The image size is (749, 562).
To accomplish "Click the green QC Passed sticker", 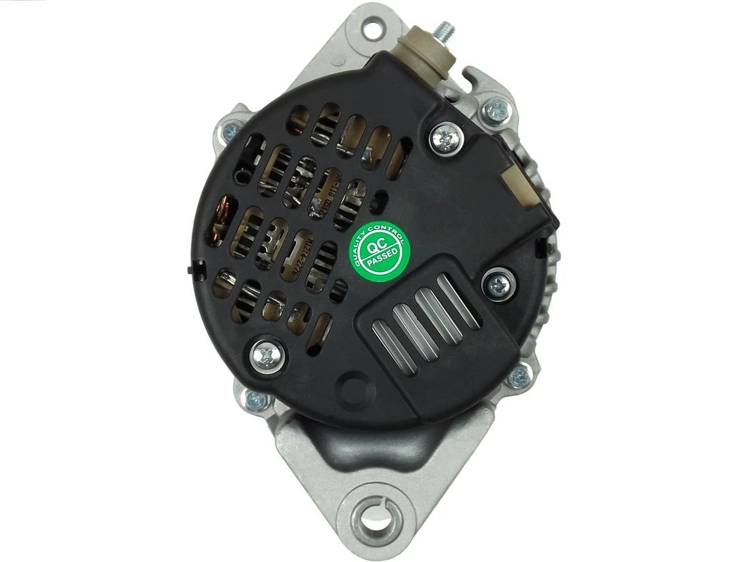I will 379,250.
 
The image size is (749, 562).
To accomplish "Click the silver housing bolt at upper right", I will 497,108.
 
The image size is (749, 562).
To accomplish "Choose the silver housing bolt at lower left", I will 255,400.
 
